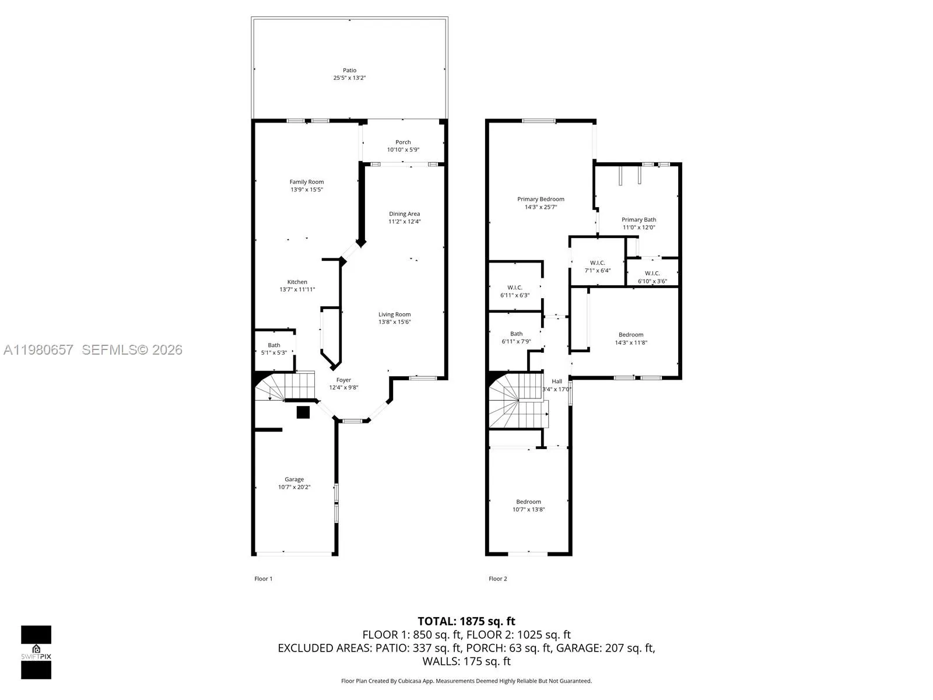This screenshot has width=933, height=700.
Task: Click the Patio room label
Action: point(349,71)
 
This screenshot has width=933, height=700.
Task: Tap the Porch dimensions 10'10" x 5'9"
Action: point(403,150)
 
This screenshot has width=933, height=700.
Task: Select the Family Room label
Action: point(307,182)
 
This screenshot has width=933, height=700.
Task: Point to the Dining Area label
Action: point(405,214)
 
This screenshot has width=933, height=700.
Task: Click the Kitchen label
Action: point(297,282)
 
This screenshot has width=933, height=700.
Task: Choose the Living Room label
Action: point(395,315)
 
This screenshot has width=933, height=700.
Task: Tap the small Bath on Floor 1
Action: point(274,348)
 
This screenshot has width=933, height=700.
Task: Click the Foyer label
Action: point(343,380)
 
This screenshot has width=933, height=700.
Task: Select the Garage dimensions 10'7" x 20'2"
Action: point(294,487)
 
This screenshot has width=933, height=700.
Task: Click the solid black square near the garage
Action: point(303,412)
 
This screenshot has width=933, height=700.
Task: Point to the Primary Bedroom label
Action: point(541,199)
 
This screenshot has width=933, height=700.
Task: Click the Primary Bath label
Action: point(639,220)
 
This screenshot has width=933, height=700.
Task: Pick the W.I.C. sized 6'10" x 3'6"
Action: point(652,277)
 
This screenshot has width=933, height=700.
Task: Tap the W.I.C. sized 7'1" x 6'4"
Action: point(598,267)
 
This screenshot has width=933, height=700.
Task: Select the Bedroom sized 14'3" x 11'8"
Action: point(631,338)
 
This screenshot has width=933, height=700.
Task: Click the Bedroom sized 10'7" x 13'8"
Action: point(528,505)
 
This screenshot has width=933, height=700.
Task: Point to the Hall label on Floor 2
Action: point(557,381)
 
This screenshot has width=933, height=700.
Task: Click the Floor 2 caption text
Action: point(497,579)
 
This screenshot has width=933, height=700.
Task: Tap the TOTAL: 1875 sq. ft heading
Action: point(466,621)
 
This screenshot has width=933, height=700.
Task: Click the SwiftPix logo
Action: point(36,652)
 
